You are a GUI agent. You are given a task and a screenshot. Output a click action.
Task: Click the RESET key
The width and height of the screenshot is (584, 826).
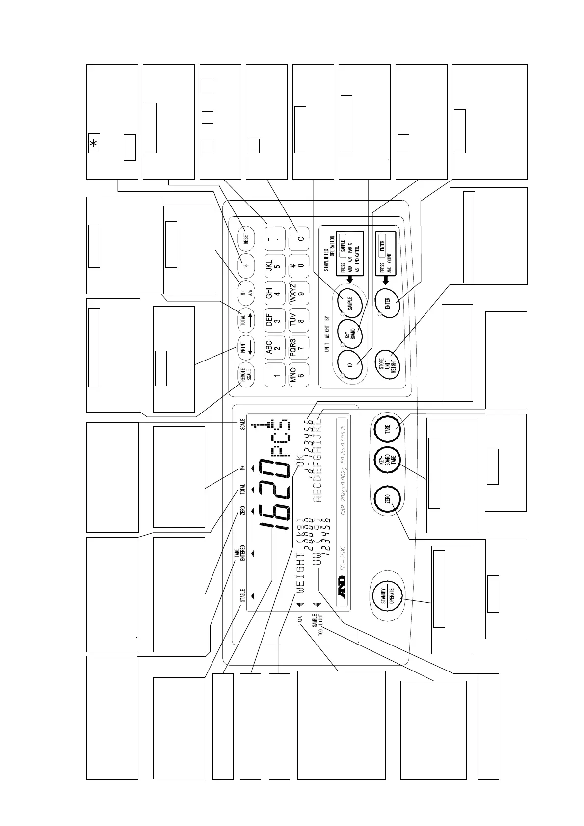point(246,238)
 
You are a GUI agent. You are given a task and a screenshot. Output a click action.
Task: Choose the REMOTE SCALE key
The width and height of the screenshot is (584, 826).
point(246,375)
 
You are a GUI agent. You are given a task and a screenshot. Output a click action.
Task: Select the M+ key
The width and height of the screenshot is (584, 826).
point(246,293)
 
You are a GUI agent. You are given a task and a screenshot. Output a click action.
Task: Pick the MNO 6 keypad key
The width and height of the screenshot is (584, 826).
point(299,375)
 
